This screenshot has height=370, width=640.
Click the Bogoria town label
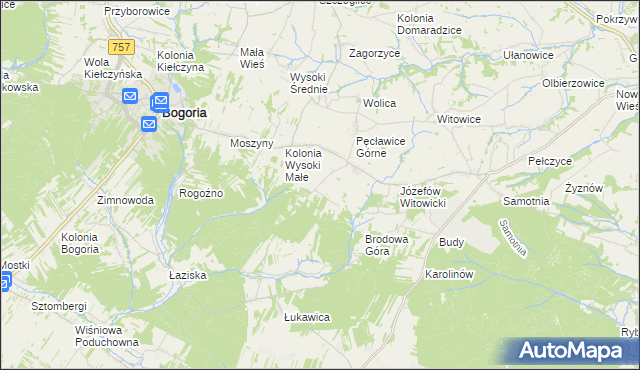[x=184, y=113]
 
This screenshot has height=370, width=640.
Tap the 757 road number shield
[x=122, y=47]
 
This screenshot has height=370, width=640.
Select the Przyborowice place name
[x=139, y=11]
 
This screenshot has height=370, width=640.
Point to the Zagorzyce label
[x=374, y=52]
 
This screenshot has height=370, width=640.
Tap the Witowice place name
[x=459, y=119]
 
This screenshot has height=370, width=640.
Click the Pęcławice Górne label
[x=380, y=148]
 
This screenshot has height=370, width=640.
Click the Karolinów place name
[x=448, y=273]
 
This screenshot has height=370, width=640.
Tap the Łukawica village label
[x=307, y=317]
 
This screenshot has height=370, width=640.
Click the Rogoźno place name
[x=200, y=193]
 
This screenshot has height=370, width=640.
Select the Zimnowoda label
[x=125, y=200]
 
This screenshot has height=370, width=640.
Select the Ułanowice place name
[x=528, y=56]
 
